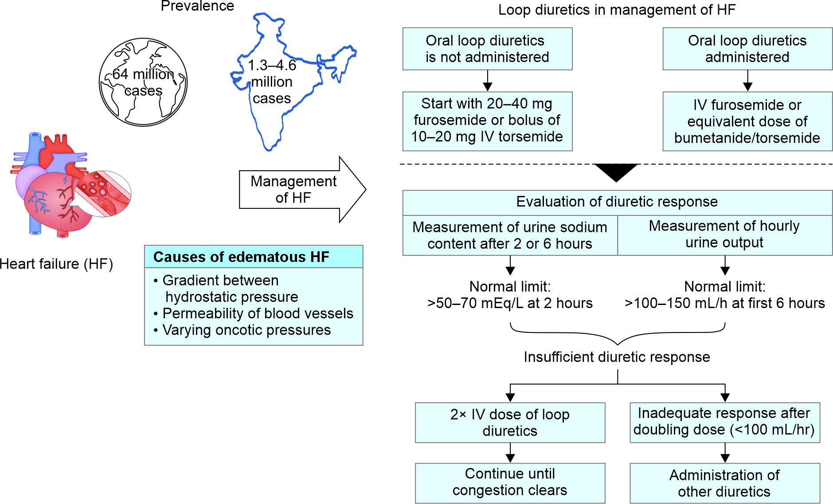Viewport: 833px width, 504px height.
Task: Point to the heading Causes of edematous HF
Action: [x=241, y=257]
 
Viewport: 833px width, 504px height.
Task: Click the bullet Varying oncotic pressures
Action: [x=246, y=330]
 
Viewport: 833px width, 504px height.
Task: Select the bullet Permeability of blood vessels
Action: [x=258, y=313]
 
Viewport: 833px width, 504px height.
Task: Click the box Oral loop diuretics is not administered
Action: [x=487, y=49]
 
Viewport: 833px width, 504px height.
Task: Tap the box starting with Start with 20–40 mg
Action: [x=487, y=121]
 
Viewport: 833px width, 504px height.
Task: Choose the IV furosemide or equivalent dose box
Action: [x=747, y=121]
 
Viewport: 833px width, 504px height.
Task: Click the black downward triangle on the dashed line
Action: [x=616, y=171]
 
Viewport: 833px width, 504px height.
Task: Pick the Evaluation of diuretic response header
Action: [x=617, y=202]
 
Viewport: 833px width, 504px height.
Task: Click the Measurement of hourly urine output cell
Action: [x=724, y=234]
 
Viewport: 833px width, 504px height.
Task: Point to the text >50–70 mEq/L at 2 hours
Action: [x=510, y=303]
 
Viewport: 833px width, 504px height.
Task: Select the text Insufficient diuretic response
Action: [x=617, y=357]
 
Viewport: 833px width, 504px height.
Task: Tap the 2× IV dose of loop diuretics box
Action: [x=510, y=422]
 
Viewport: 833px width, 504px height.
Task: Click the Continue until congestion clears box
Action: [x=510, y=482]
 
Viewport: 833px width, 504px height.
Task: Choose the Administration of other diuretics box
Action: [x=724, y=483]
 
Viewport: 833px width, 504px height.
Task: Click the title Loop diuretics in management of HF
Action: [x=617, y=10]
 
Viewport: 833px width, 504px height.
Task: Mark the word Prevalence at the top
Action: [x=197, y=6]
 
